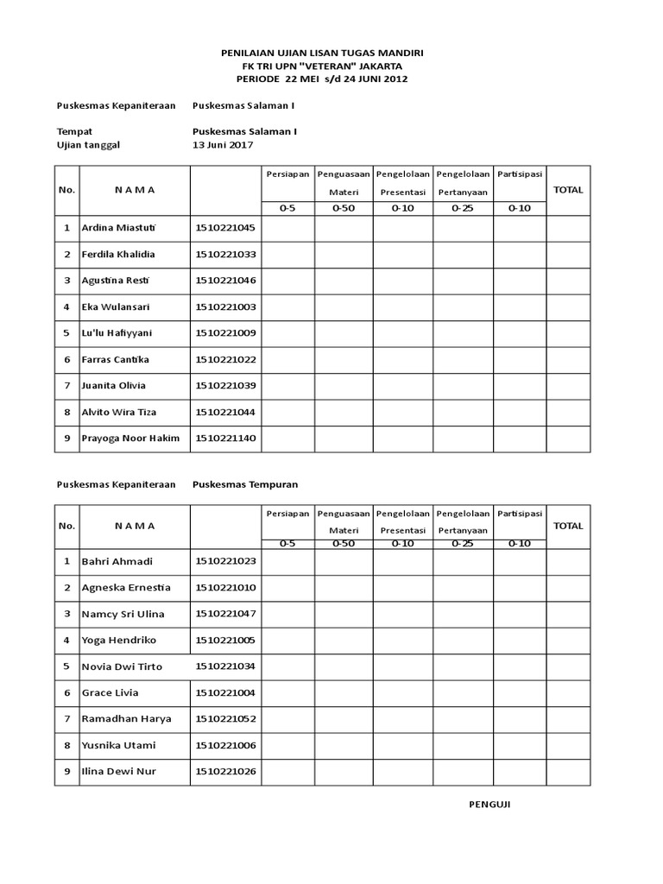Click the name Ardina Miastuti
point(121,229)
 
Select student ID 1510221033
point(225,256)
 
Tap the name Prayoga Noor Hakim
point(130,439)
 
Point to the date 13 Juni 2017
point(223,145)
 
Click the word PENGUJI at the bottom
point(489,804)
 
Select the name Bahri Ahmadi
point(117,562)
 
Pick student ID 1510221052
point(225,719)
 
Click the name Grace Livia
point(110,693)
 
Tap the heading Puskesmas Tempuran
point(245,485)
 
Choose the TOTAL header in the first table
point(568,190)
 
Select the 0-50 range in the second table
point(343,544)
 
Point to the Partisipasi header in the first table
point(520,174)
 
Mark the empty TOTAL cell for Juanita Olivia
point(568,386)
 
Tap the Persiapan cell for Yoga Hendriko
point(288,641)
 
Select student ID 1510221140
point(225,439)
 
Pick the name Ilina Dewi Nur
point(119,772)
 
